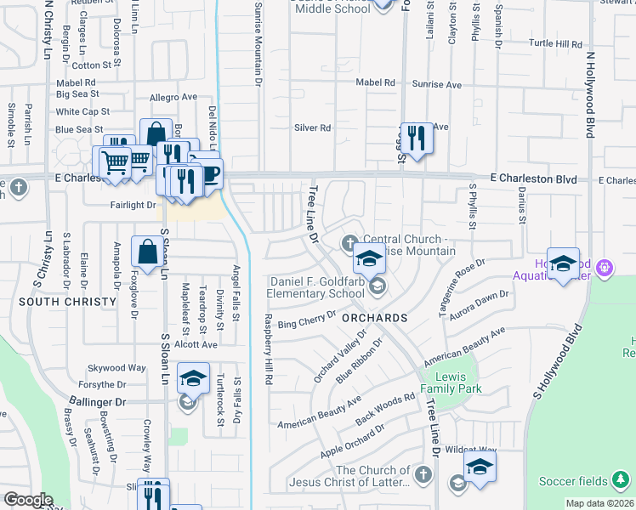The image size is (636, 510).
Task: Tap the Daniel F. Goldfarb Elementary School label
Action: click(317, 287)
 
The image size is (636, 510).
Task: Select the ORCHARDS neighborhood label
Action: click(377, 317)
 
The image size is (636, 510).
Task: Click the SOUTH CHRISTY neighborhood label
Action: click(67, 302)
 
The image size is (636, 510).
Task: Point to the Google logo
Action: click(27, 500)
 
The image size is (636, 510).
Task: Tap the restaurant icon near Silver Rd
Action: click(416, 138)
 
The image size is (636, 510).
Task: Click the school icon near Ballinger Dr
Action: click(193, 378)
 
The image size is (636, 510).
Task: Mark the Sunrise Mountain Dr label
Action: click(258, 42)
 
